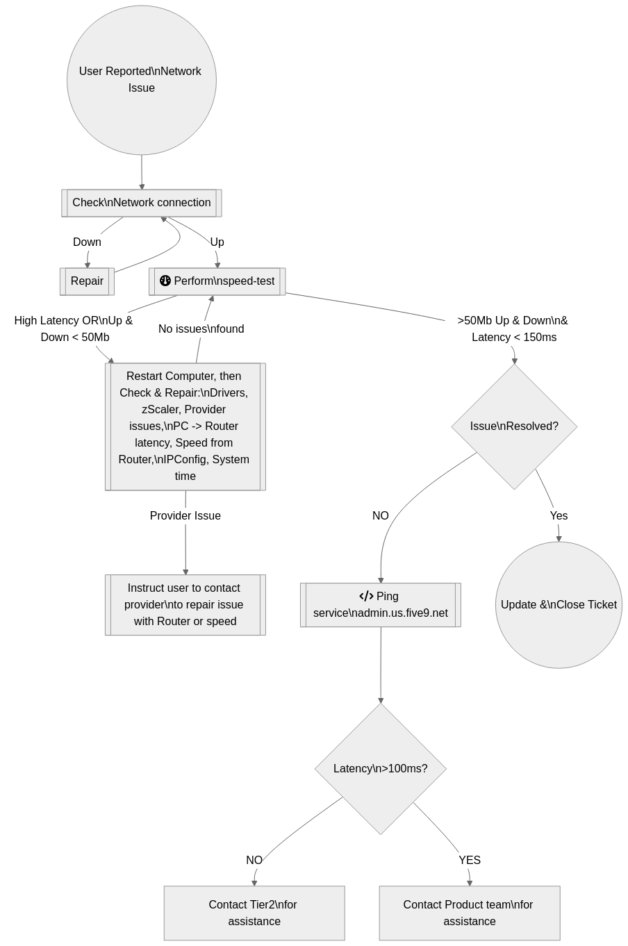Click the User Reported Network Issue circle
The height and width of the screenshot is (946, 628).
pyautogui.click(x=142, y=80)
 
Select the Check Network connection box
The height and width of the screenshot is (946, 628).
pyautogui.click(x=142, y=203)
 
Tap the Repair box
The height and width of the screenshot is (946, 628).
pyautogui.click(x=87, y=281)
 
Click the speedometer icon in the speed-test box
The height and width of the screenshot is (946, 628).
pyautogui.click(x=165, y=281)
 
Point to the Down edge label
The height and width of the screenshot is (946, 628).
pyautogui.click(x=87, y=242)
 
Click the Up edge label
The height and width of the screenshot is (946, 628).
pyautogui.click(x=217, y=242)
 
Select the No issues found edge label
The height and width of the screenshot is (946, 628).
pyautogui.click(x=201, y=329)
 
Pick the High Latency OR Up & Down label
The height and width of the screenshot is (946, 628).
pyautogui.click(x=74, y=329)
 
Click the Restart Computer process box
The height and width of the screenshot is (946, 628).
pyautogui.click(x=185, y=426)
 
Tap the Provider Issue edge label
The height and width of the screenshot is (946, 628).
pyautogui.click(x=185, y=515)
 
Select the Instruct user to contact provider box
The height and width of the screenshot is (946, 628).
pyautogui.click(x=185, y=605)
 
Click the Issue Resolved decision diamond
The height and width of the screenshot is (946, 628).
pyautogui.click(x=514, y=426)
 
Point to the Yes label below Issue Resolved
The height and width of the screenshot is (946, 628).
pyautogui.click(x=559, y=515)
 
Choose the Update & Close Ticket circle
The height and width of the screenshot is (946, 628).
pyautogui.click(x=559, y=605)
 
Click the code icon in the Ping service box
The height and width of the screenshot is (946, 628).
pyautogui.click(x=366, y=596)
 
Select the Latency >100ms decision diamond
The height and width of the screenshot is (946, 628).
pyautogui.click(x=381, y=769)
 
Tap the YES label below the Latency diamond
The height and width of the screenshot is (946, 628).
pyautogui.click(x=470, y=861)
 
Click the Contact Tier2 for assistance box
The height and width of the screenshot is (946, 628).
pyautogui.click(x=254, y=913)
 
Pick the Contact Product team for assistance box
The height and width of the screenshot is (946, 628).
pyautogui.click(x=470, y=913)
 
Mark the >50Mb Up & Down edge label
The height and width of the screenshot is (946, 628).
pyautogui.click(x=513, y=329)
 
